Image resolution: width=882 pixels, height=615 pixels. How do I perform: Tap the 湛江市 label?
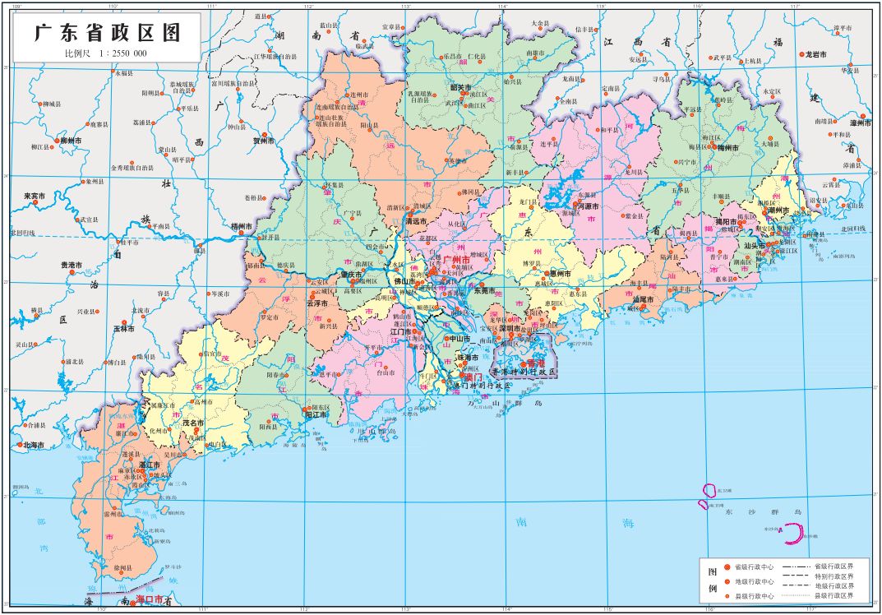(149, 465)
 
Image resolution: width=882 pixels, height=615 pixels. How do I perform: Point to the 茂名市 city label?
(192, 423)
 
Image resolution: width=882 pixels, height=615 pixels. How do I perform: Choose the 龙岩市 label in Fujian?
(815, 53)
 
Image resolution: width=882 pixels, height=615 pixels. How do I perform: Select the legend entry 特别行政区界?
(834, 576)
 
